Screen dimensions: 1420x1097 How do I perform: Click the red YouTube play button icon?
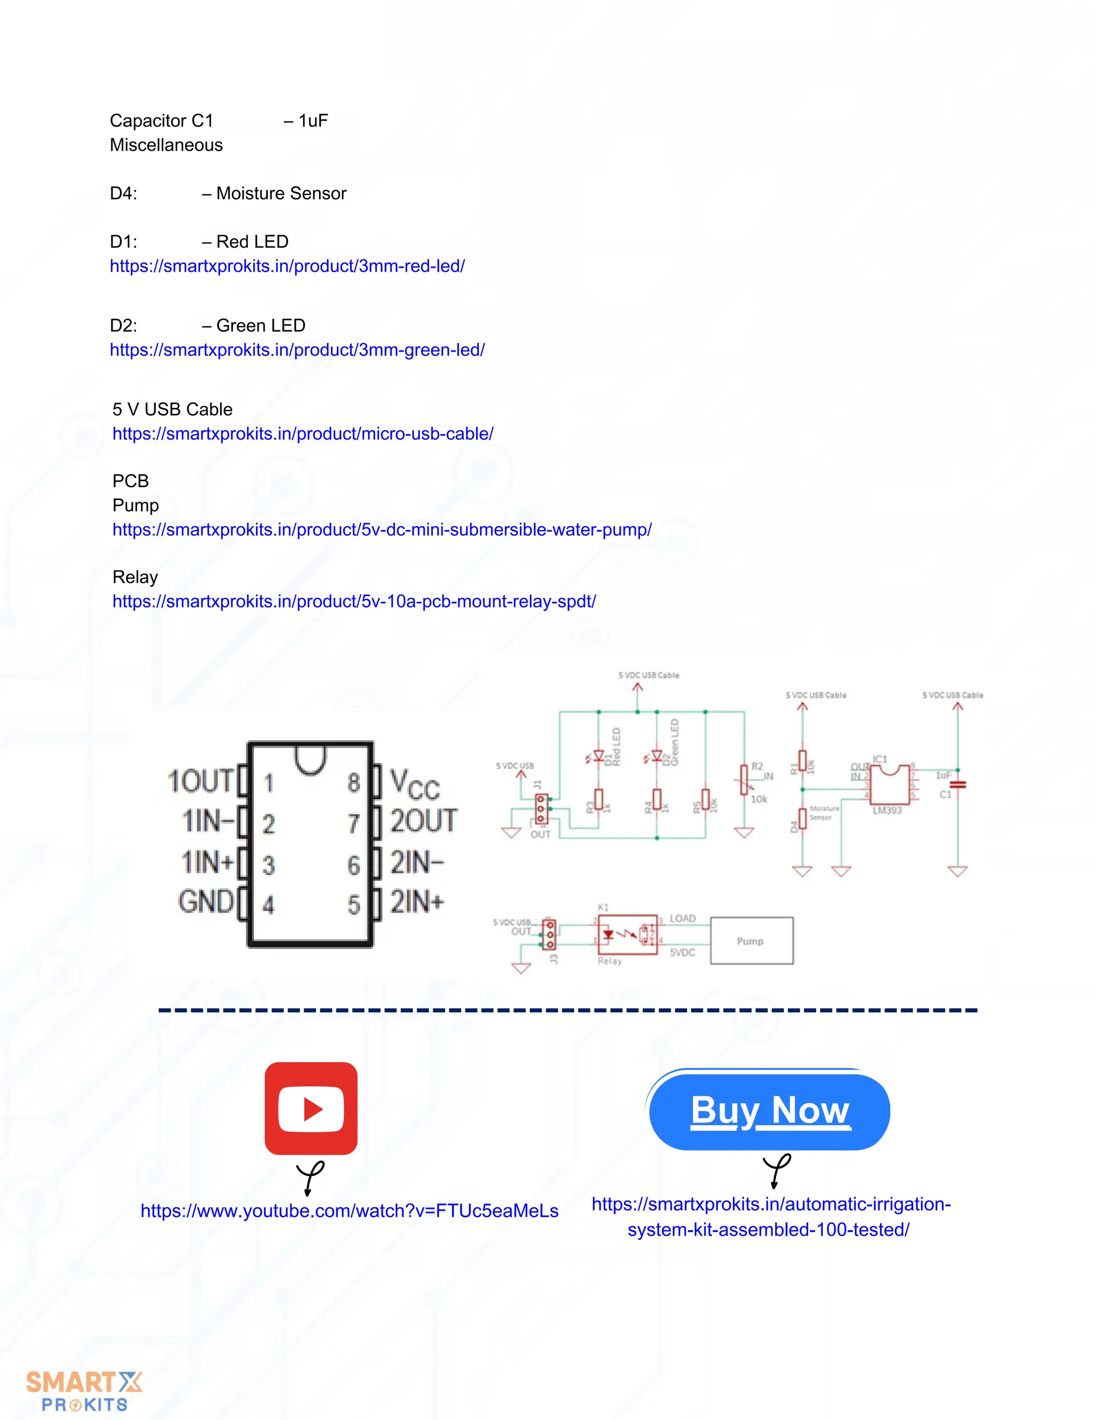pyautogui.click(x=311, y=1108)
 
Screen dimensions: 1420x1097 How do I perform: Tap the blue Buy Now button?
pyautogui.click(x=770, y=1110)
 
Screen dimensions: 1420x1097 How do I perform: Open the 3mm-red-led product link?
pyautogui.click(x=287, y=266)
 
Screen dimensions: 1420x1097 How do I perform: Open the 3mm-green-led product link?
pyautogui.click(x=297, y=350)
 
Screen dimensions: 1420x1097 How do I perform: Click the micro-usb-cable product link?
pyautogui.click(x=303, y=434)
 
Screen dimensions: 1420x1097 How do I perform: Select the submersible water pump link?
pyautogui.click(x=382, y=530)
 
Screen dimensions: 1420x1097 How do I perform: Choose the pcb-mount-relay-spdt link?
pyautogui.click(x=354, y=601)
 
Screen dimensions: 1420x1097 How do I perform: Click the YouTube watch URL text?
pyautogui.click(x=350, y=1210)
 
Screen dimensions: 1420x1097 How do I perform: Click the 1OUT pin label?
pyautogui.click(x=200, y=781)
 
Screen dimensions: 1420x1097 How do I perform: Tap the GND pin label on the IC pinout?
pyautogui.click(x=205, y=902)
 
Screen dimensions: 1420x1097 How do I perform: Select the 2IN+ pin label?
pyautogui.click(x=417, y=902)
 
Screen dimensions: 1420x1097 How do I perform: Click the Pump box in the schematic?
pyautogui.click(x=752, y=941)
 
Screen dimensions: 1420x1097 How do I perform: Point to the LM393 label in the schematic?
pyautogui.click(x=887, y=811)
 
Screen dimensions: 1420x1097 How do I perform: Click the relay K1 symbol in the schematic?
pyautogui.click(x=627, y=935)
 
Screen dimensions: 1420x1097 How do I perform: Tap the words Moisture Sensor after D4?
pyautogui.click(x=281, y=193)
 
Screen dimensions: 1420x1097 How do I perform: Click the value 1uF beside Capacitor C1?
pyautogui.click(x=313, y=120)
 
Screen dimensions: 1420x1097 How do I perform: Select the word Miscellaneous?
pyautogui.click(x=167, y=145)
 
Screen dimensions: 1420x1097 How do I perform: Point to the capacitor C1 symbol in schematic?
pyautogui.click(x=957, y=785)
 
